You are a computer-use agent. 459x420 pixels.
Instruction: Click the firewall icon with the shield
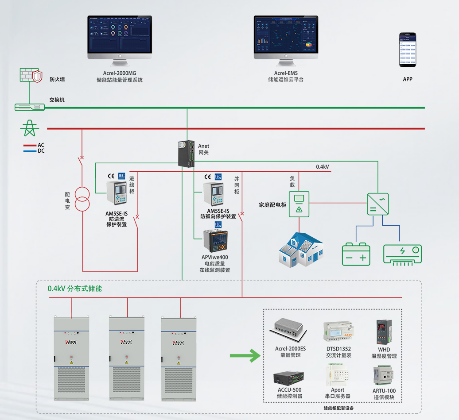click(x=31, y=75)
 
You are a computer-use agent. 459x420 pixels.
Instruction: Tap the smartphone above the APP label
click(x=408, y=49)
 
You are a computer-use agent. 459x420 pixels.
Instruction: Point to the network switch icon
click(x=30, y=107)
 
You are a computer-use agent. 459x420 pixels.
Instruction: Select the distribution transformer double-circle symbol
click(x=82, y=199)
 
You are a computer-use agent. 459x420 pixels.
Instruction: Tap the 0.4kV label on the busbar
click(x=322, y=167)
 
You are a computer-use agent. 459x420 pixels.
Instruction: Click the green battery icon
click(x=356, y=254)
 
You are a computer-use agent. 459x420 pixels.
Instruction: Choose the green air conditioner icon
click(x=402, y=255)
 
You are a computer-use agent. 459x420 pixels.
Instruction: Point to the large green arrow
click(x=244, y=355)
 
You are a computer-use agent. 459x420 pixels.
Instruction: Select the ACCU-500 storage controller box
click(x=289, y=378)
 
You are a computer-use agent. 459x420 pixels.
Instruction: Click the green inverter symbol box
click(x=377, y=204)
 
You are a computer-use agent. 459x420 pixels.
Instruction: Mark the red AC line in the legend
click(x=30, y=145)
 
